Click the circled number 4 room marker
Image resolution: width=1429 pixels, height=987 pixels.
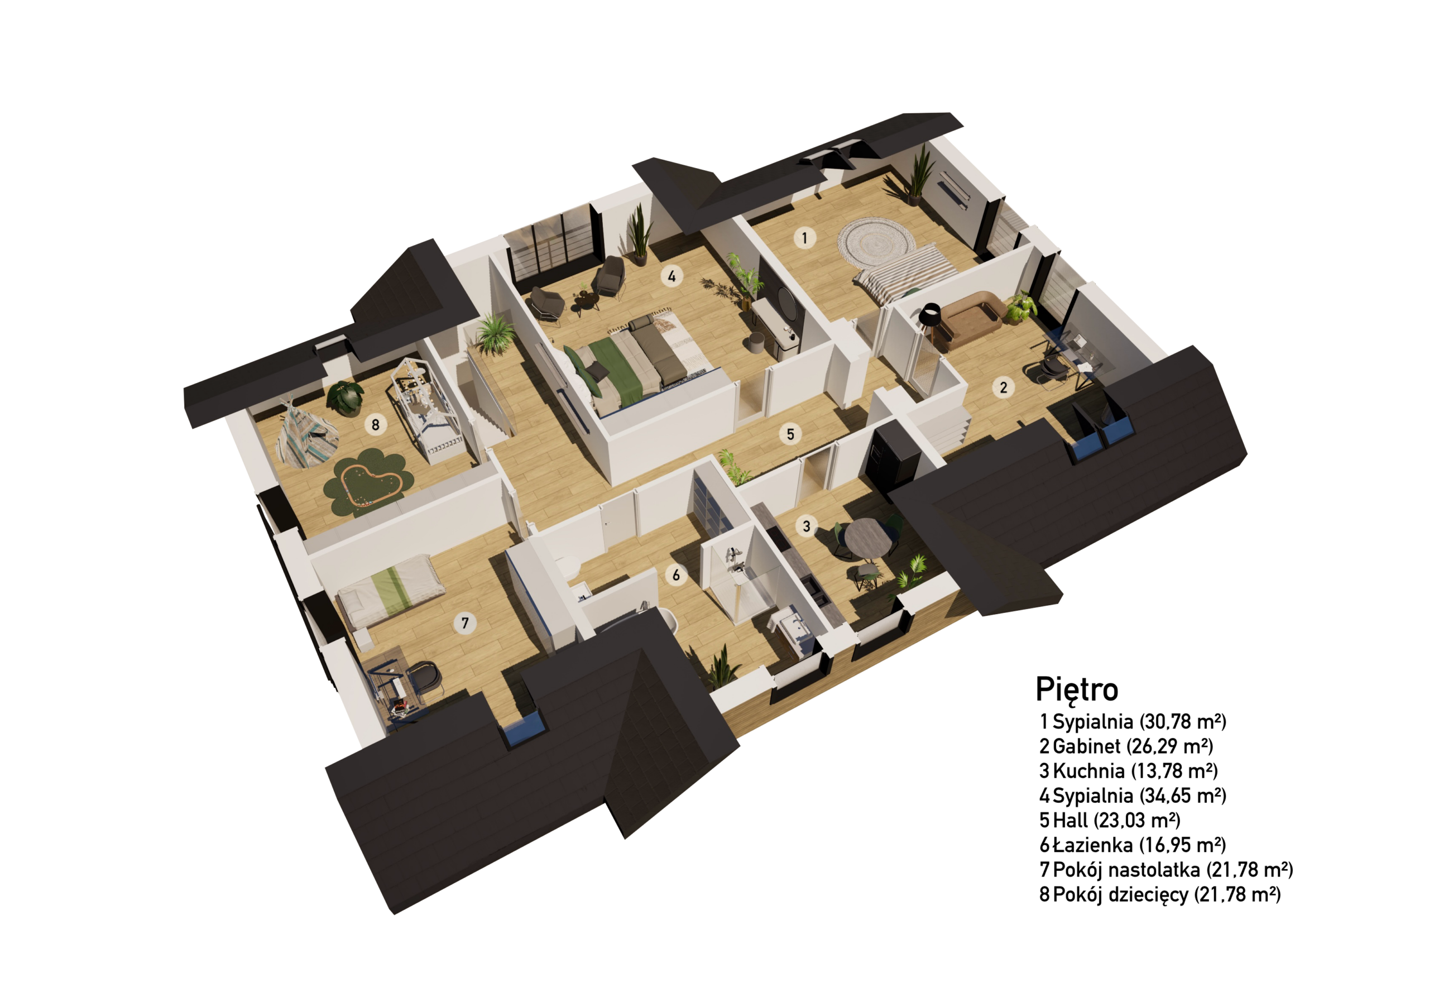[x=672, y=276]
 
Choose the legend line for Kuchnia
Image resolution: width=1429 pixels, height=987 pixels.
[x=1129, y=770]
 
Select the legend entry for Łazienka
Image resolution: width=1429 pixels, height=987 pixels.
[x=1132, y=845]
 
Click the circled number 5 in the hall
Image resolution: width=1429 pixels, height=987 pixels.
[x=790, y=434]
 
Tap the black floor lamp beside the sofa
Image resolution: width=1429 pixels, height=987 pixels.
[x=929, y=322]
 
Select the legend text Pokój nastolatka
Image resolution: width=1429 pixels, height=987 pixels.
[x=1126, y=870]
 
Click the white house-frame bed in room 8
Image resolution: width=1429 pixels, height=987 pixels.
[x=426, y=408]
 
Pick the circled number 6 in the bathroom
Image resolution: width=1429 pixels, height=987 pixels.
[x=676, y=575]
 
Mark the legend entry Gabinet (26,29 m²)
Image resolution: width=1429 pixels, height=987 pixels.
[x=1126, y=746]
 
